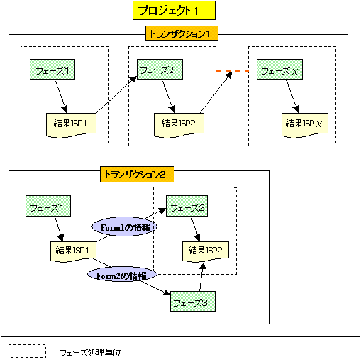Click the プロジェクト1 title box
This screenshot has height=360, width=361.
pyautogui.click(x=174, y=10)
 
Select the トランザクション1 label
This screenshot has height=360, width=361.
pyautogui.click(x=182, y=33)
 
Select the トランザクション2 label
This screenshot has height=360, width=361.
pyautogui.click(x=134, y=173)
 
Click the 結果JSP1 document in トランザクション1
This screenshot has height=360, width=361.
pyautogui.click(x=70, y=122)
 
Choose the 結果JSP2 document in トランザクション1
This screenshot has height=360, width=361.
pyautogui.click(x=179, y=122)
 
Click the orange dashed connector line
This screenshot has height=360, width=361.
pyautogui.click(x=232, y=71)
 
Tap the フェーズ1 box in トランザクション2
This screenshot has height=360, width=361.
pyautogui.click(x=49, y=208)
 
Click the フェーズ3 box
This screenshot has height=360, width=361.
pyautogui.click(x=193, y=302)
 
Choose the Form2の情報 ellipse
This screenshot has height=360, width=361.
pyautogui.click(x=121, y=276)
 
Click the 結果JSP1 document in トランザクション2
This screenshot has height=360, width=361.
pyautogui.click(x=72, y=251)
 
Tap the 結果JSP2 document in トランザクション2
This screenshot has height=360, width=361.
pyautogui.click(x=206, y=250)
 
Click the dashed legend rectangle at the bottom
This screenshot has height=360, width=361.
pyautogui.click(x=28, y=351)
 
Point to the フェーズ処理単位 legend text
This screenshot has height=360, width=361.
pyautogui.click(x=90, y=351)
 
